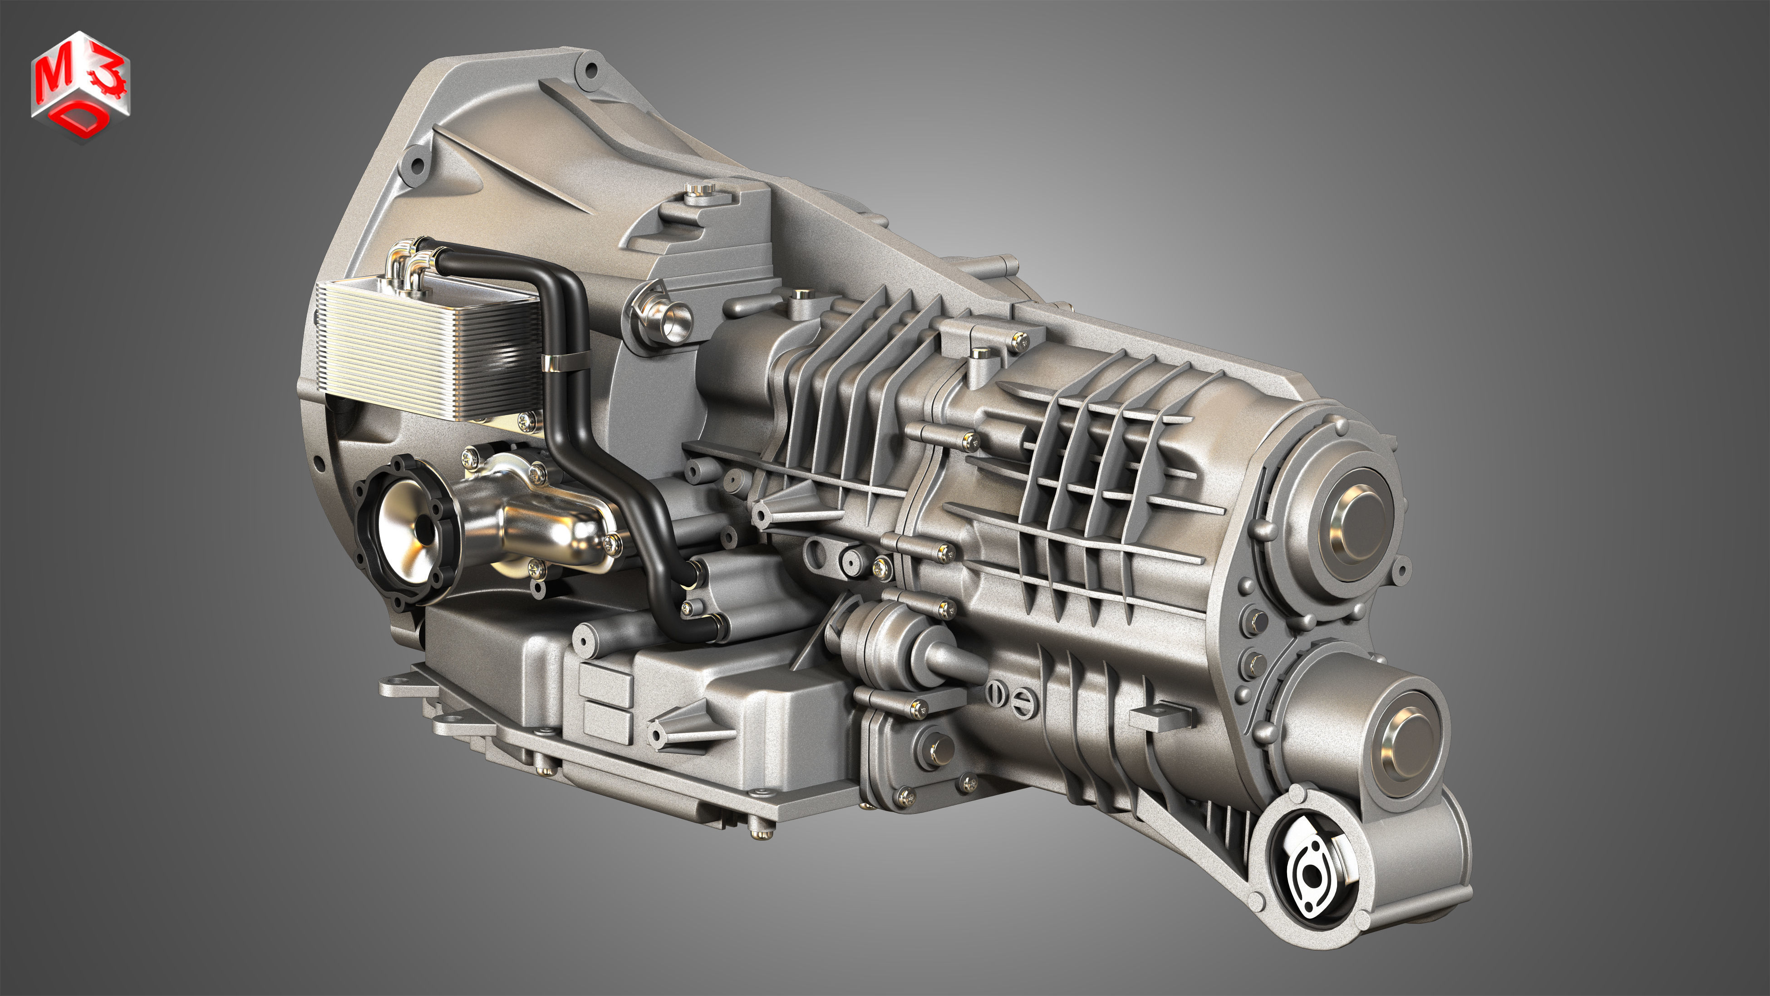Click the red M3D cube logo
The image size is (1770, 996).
80,86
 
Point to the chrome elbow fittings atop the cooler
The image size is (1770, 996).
409,265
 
